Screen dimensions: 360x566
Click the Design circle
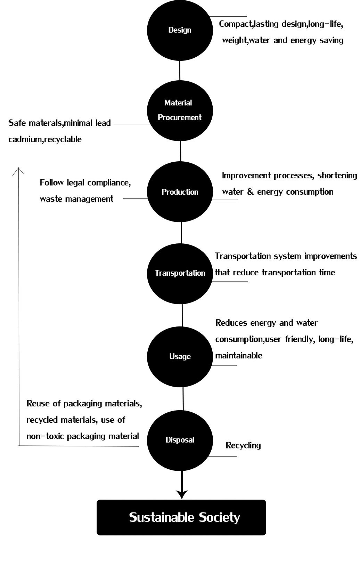click(x=180, y=30)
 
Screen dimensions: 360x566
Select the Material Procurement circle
click(x=180, y=111)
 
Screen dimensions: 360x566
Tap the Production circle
click(x=180, y=192)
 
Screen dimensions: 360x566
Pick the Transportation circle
click(x=180, y=274)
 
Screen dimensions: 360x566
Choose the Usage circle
click(x=180, y=357)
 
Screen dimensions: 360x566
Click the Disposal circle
click(x=180, y=440)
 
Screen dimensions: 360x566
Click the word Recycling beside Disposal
click(x=243, y=445)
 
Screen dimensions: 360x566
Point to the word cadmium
click(x=26, y=139)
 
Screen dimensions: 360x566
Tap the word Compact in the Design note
click(x=236, y=24)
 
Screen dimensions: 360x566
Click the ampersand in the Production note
click(x=250, y=192)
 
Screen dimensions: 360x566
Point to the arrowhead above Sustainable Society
click(x=182, y=495)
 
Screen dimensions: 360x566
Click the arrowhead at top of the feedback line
click(x=18, y=171)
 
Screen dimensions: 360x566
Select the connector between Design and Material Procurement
click(x=180, y=71)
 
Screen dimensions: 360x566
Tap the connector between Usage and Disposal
click(x=183, y=399)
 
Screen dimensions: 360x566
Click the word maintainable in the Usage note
click(x=239, y=356)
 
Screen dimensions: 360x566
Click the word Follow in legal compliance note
click(x=51, y=183)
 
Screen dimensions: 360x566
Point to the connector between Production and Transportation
click(x=181, y=233)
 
